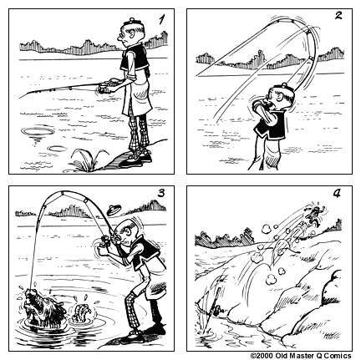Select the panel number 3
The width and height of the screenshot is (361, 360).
pos(162,194)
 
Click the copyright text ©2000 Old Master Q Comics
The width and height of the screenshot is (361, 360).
pos(303,354)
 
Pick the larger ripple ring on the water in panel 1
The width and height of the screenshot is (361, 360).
pos(38,131)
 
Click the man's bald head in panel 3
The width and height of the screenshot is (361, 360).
pos(127,233)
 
